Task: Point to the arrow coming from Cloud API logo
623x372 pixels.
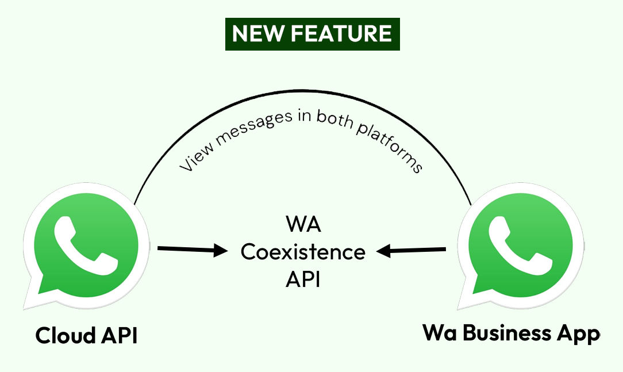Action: coord(193,250)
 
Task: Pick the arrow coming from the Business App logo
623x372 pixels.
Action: coord(412,250)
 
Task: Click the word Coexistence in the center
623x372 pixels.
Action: coord(303,252)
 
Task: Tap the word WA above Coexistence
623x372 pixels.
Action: coord(303,224)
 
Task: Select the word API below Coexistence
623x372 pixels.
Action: coord(303,280)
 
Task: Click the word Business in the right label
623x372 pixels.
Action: coord(507,333)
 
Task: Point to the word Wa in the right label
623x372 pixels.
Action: coord(438,333)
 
